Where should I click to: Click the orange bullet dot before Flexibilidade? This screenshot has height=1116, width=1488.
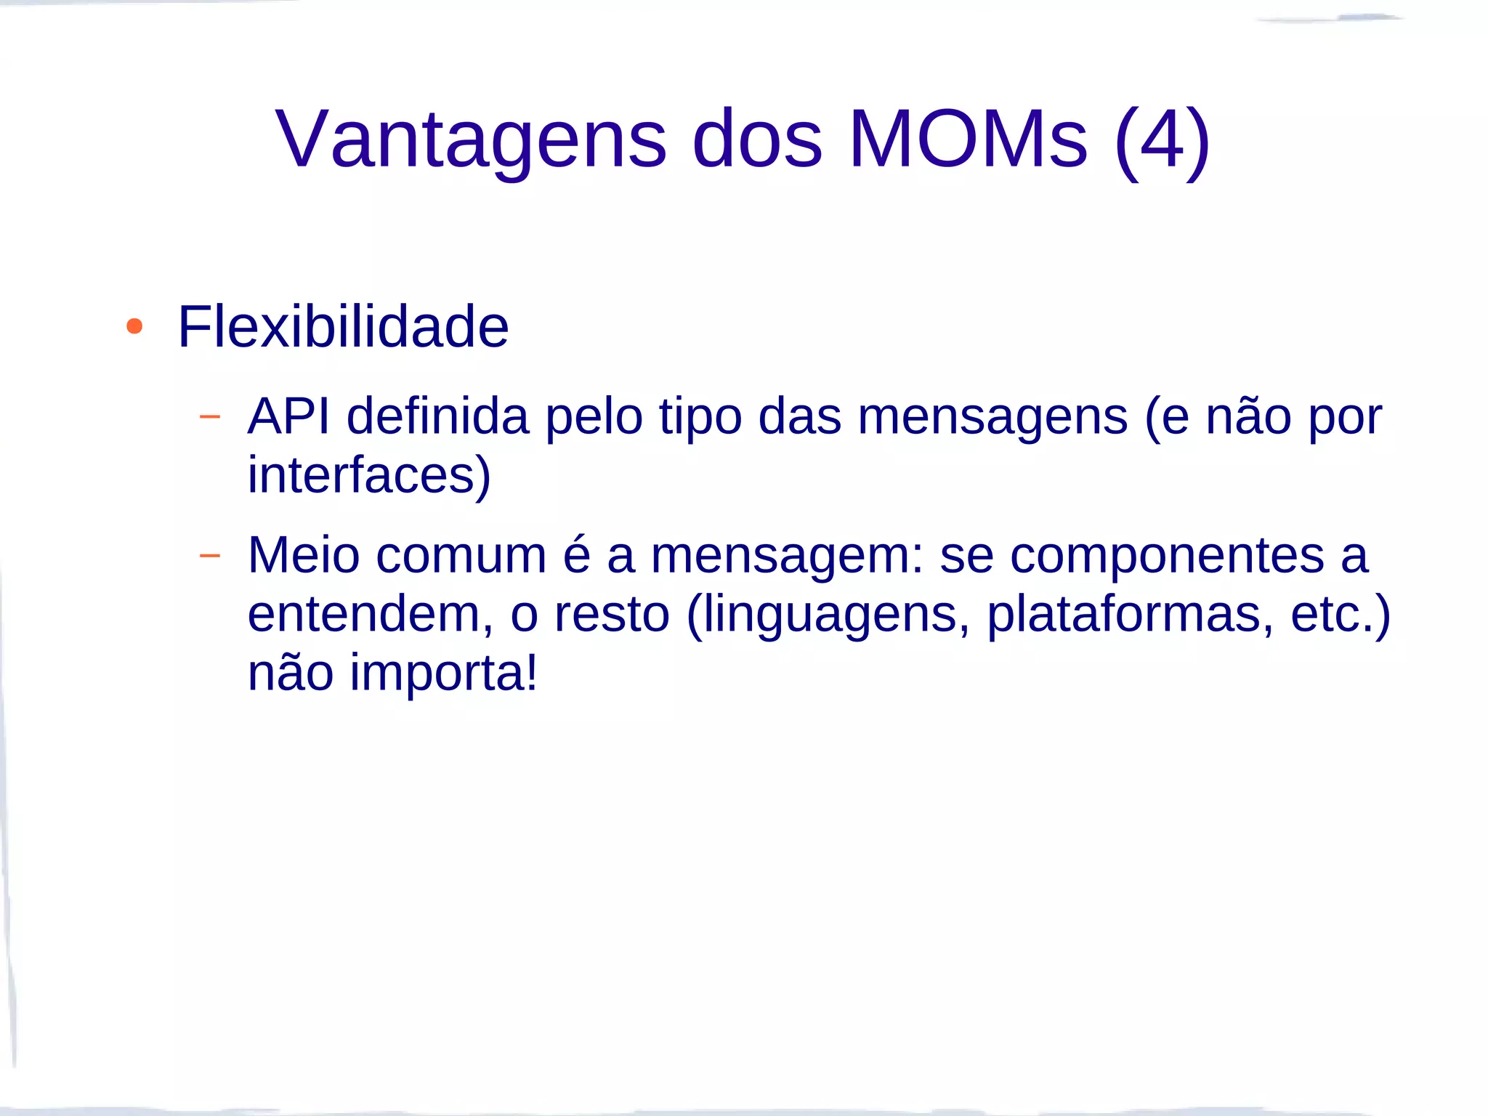tap(134, 326)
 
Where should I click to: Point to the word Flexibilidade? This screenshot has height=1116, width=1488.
tap(343, 327)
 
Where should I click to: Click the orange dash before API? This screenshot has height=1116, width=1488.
tap(209, 417)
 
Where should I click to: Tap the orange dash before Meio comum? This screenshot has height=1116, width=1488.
tap(209, 556)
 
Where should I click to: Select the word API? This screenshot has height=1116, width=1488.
tap(288, 416)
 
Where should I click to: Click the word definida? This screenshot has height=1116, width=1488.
tap(437, 416)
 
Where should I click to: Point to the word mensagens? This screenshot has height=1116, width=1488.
tap(992, 418)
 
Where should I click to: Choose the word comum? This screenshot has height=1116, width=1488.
tap(461, 556)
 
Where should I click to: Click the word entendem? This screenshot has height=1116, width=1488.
tap(363, 615)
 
